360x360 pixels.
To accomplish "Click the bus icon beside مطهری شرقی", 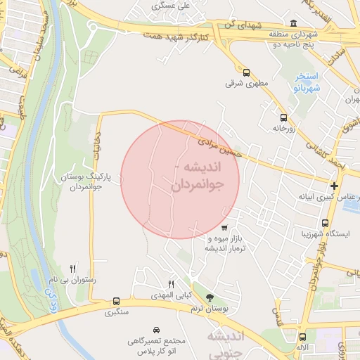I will tap(246, 72).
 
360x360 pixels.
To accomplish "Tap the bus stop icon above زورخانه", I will tap(283, 118).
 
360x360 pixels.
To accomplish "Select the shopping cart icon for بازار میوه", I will tap(224, 227).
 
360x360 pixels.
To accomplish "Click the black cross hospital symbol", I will tap(334, 186).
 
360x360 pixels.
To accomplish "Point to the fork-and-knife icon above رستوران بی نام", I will tap(72, 269).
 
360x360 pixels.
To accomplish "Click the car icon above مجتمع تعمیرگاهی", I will tap(155, 330).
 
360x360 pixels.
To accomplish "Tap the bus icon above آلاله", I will tap(302, 337).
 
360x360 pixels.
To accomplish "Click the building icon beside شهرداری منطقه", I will tap(292, 22).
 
